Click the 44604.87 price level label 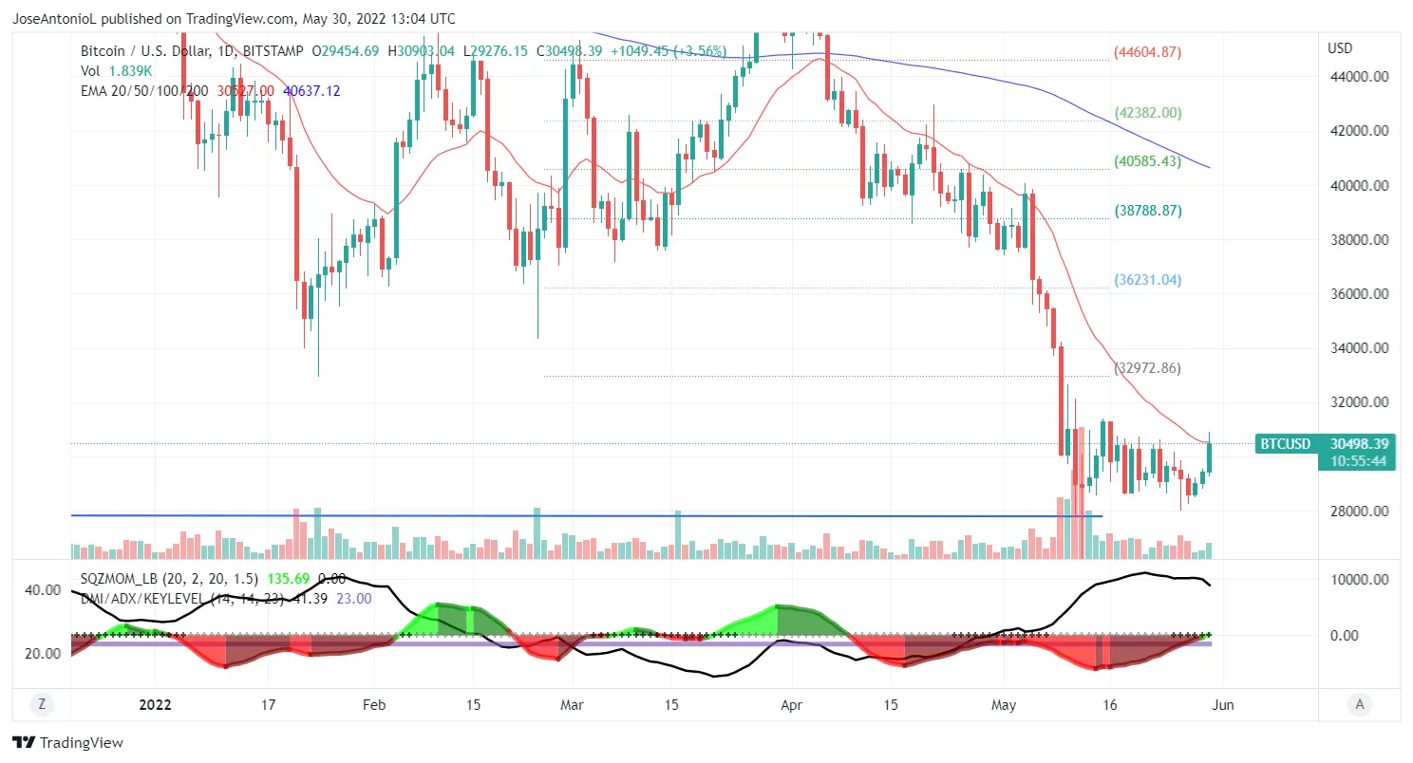click(x=1147, y=52)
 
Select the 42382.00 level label click(x=1147, y=112)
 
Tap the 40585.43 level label click(x=1147, y=161)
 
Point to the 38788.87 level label click(x=1147, y=211)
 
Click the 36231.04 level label click(x=1147, y=280)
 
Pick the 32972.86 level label click(x=1147, y=367)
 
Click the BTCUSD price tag click(x=1285, y=443)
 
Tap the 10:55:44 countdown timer click(x=1359, y=460)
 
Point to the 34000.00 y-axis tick click(x=1359, y=348)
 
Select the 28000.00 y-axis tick click(x=1359, y=512)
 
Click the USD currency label click(x=1340, y=48)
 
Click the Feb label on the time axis click(x=374, y=705)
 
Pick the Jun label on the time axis click(x=1223, y=705)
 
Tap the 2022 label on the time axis click(x=155, y=705)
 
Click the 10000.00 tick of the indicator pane click(x=1359, y=579)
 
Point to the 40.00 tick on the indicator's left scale click(x=42, y=589)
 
